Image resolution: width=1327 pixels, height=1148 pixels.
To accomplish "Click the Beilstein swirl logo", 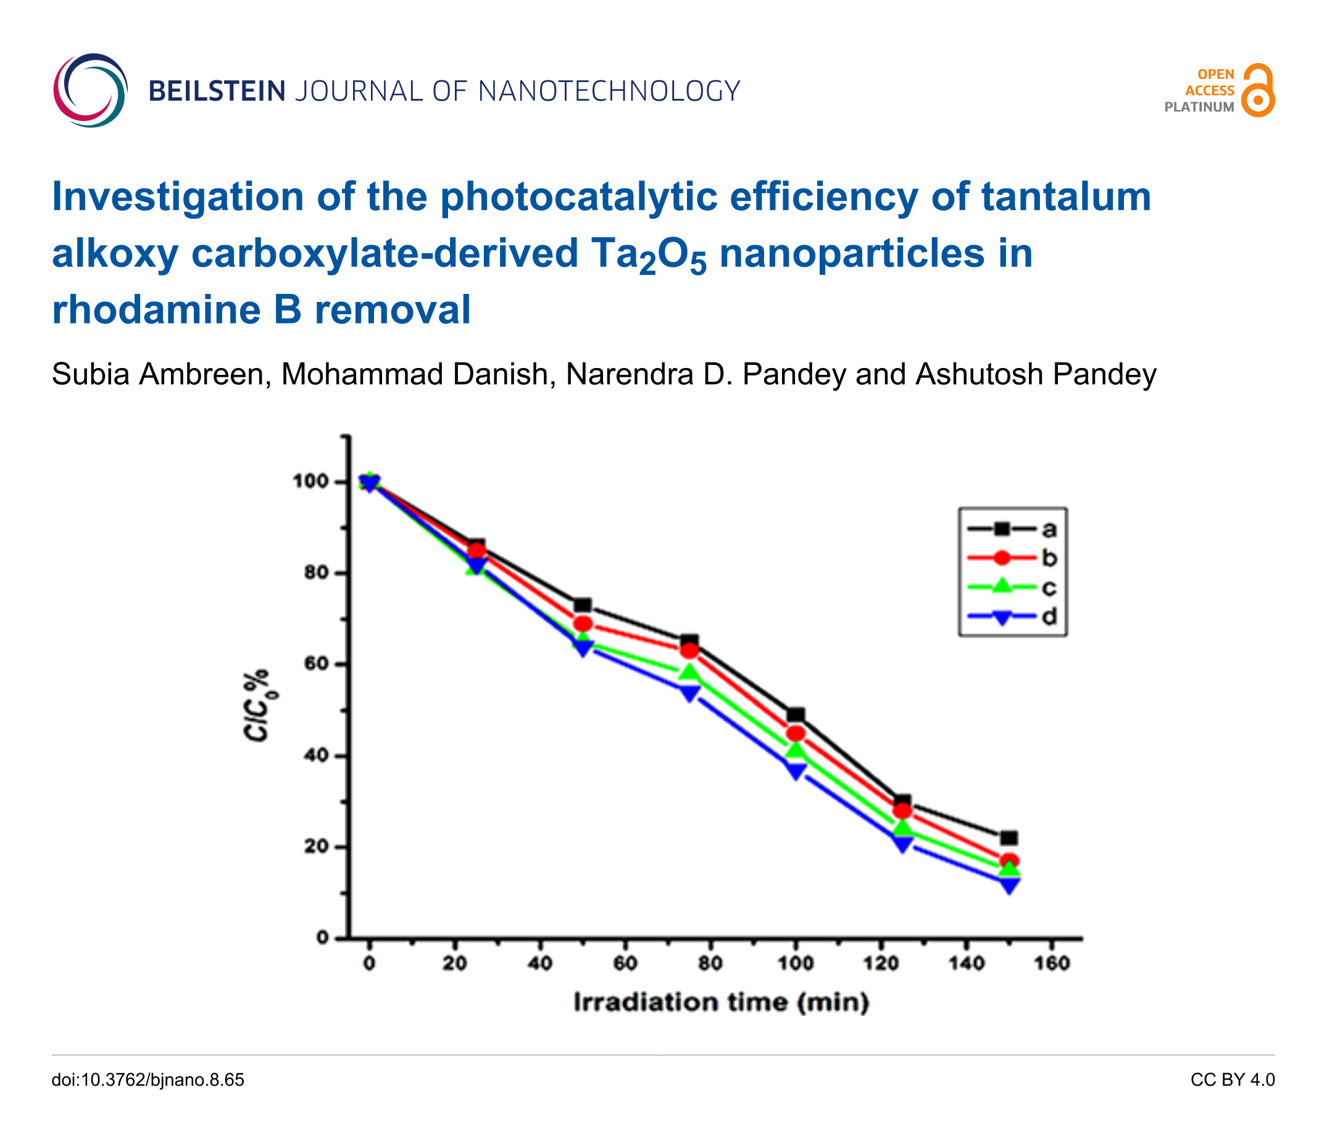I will [90, 90].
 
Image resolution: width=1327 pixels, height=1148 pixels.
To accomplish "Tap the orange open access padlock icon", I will [1257, 90].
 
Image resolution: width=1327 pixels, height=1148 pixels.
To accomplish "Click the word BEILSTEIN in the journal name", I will [217, 91].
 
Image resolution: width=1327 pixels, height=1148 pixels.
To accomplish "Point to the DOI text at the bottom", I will [148, 1079].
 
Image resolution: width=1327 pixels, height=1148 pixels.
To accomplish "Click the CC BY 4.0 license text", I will [1232, 1079].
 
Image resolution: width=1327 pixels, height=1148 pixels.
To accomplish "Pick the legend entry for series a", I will [1012, 529].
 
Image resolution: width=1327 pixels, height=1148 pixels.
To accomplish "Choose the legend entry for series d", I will [1012, 617].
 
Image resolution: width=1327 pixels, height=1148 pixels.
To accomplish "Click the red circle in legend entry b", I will [1002, 559].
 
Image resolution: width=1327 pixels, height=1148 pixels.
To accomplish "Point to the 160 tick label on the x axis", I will [1052, 964].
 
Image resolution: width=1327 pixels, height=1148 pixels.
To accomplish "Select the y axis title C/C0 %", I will [257, 705].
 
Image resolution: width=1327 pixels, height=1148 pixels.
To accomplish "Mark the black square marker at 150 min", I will [1009, 838].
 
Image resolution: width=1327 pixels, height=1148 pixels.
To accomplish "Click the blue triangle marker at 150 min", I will [1009, 886].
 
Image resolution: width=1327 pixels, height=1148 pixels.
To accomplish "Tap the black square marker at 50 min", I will [582, 605].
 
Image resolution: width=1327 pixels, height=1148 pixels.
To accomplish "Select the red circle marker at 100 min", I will [796, 734].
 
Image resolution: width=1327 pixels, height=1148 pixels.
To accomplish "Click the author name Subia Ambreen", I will [157, 375].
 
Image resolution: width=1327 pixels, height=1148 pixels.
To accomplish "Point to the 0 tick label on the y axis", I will [322, 939].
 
